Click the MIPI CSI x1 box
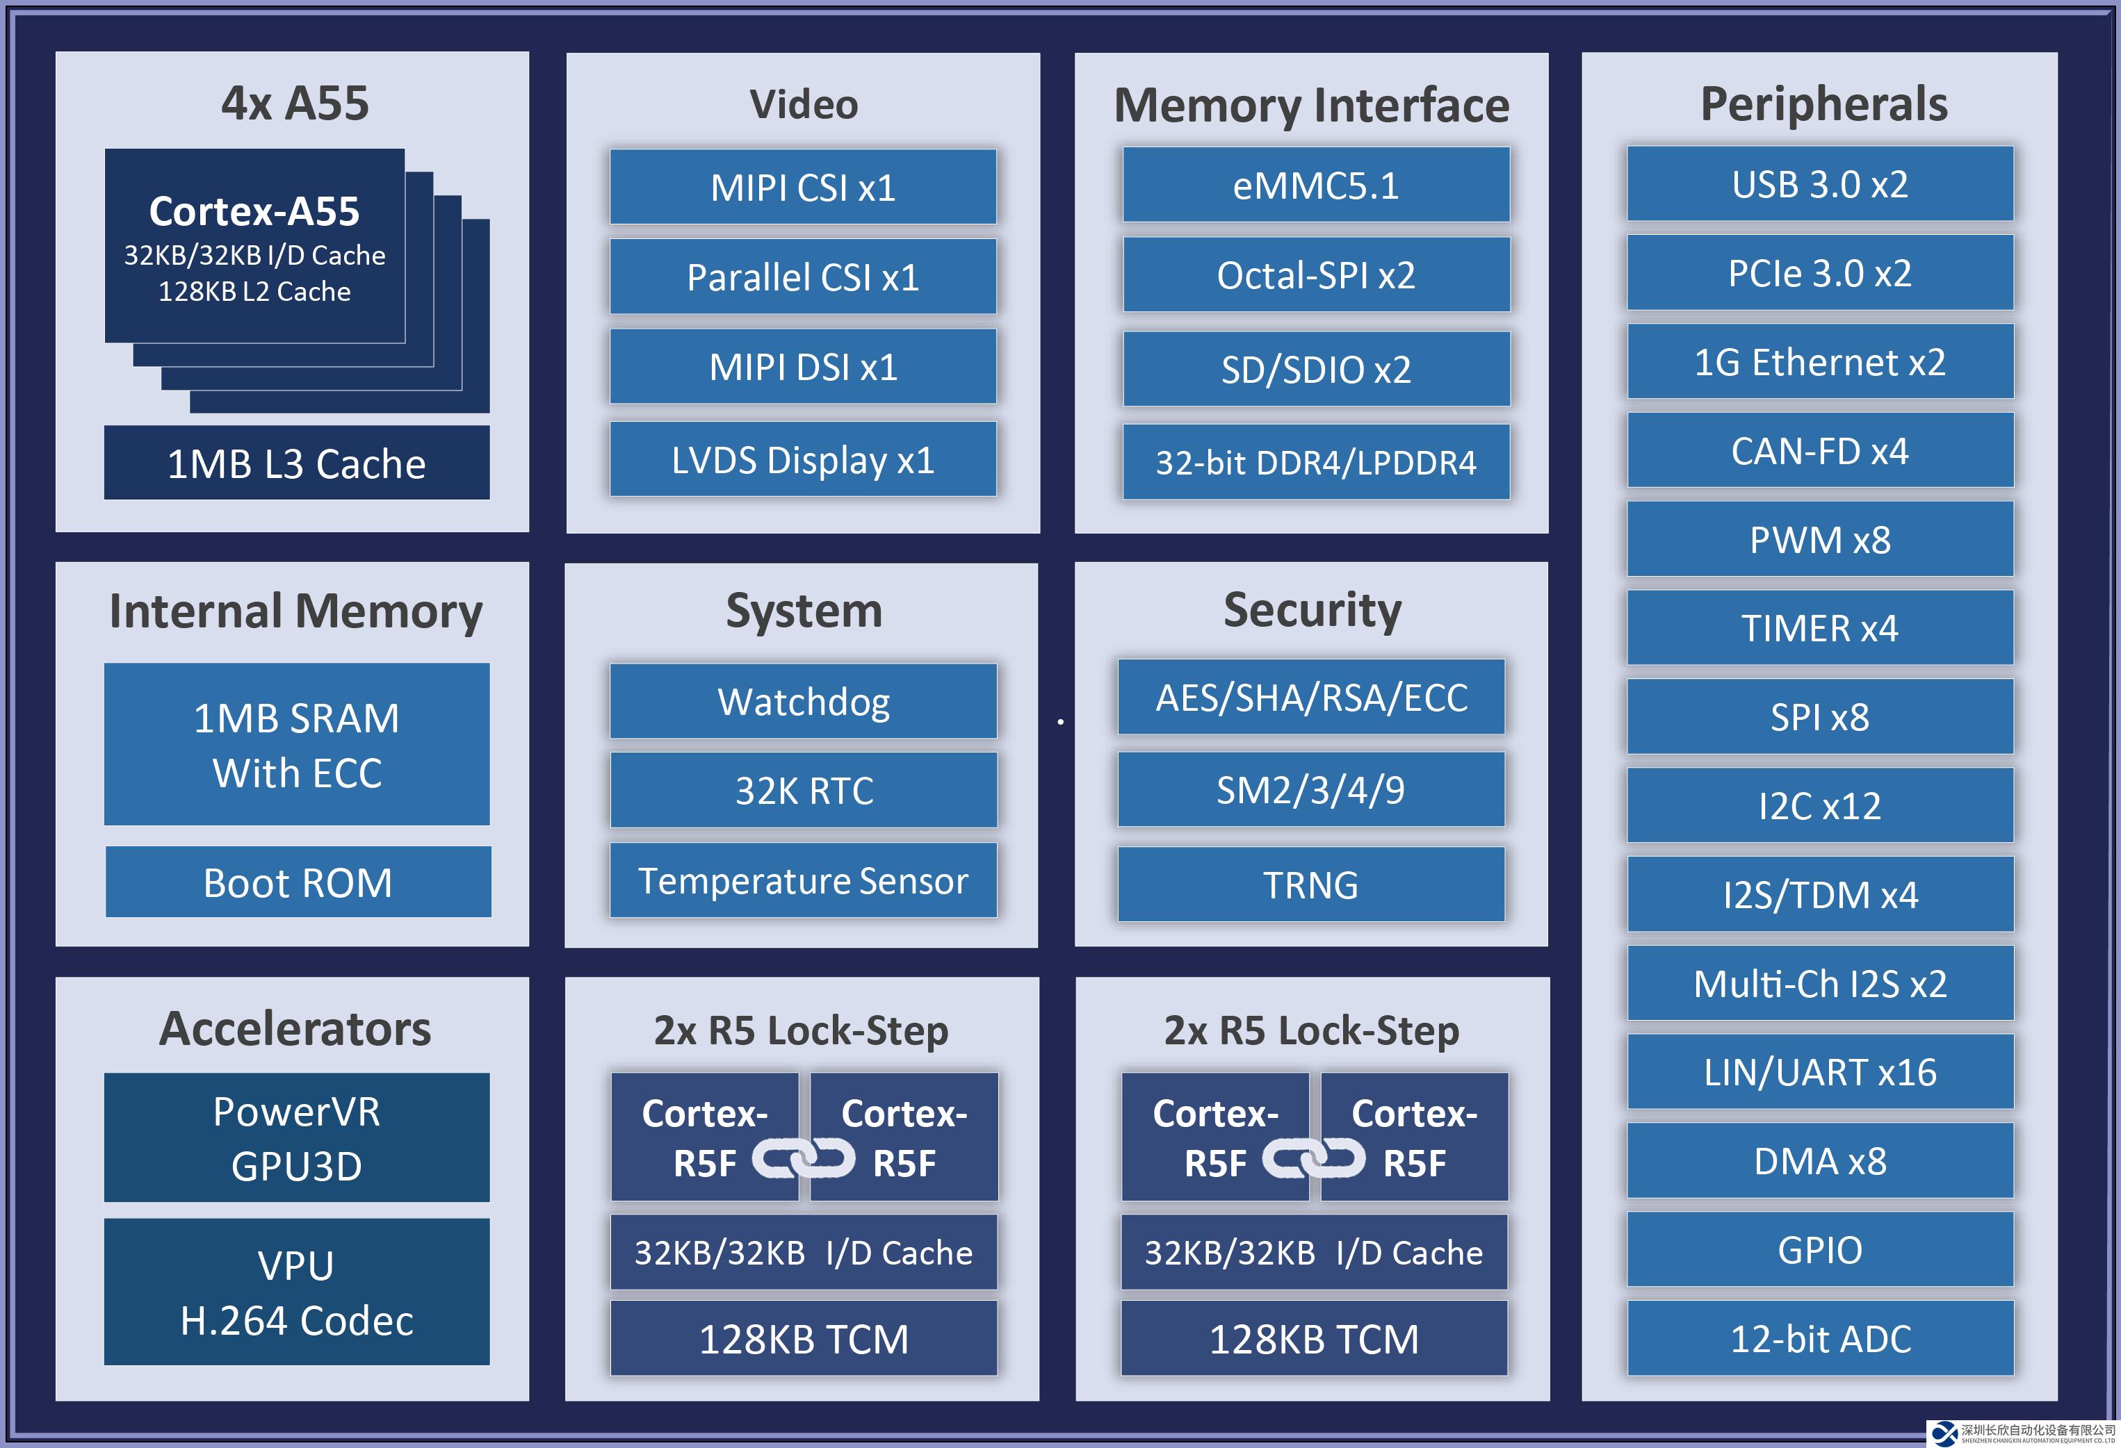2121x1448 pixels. pyautogui.click(x=803, y=187)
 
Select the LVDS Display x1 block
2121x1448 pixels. pyautogui.click(x=803, y=460)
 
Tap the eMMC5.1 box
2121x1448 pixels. pyautogui.click(x=1315, y=186)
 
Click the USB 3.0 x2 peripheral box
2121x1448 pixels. pyautogui.click(x=1820, y=184)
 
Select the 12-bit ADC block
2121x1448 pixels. pyautogui.click(x=1820, y=1338)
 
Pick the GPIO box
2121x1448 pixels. pyautogui.click(x=1820, y=1249)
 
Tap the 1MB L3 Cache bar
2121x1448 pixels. pyautogui.click(x=297, y=463)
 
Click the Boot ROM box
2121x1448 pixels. pyautogui.click(x=298, y=882)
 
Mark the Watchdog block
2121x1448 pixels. pyautogui.click(x=803, y=702)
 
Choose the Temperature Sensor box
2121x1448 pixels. pyautogui.click(x=803, y=880)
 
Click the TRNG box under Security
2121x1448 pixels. pyautogui.click(x=1310, y=884)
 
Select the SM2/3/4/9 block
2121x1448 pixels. pyautogui.click(x=1310, y=789)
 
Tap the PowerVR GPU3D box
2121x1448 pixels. pyautogui.click(x=297, y=1138)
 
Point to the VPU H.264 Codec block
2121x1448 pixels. pyautogui.click(x=297, y=1292)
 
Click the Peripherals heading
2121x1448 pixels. pyautogui.click(x=1823, y=104)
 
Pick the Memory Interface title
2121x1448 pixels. pyautogui.click(x=1312, y=106)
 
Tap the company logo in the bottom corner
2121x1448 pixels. pyautogui.click(x=1945, y=1433)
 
